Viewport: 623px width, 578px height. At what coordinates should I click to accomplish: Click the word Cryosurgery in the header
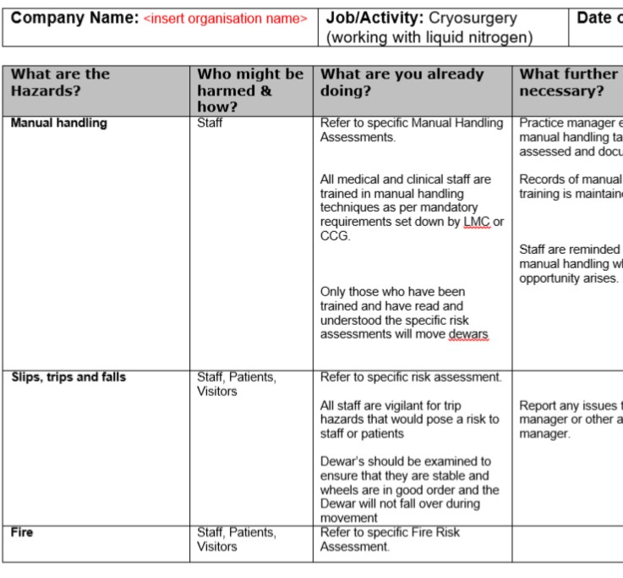(473, 18)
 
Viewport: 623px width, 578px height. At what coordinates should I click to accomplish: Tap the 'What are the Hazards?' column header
(61, 82)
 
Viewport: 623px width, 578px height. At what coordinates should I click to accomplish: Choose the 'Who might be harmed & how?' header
(250, 90)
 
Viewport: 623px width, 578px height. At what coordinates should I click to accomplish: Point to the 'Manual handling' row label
(59, 124)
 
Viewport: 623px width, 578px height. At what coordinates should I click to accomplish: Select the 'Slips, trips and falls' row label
(68, 377)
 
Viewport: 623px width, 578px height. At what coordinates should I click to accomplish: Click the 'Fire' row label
(23, 533)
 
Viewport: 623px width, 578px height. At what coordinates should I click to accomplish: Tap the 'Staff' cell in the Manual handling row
(211, 124)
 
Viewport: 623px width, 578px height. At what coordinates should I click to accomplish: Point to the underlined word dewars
(468, 334)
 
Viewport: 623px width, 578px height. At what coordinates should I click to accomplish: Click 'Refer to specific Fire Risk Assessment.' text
(390, 540)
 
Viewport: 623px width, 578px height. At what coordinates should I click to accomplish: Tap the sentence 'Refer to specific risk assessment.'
(411, 377)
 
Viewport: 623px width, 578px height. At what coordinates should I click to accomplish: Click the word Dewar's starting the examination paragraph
(340, 462)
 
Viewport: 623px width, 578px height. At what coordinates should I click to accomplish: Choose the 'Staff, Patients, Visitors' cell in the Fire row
(236, 540)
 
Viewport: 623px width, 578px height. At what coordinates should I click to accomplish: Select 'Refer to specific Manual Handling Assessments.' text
(411, 130)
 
